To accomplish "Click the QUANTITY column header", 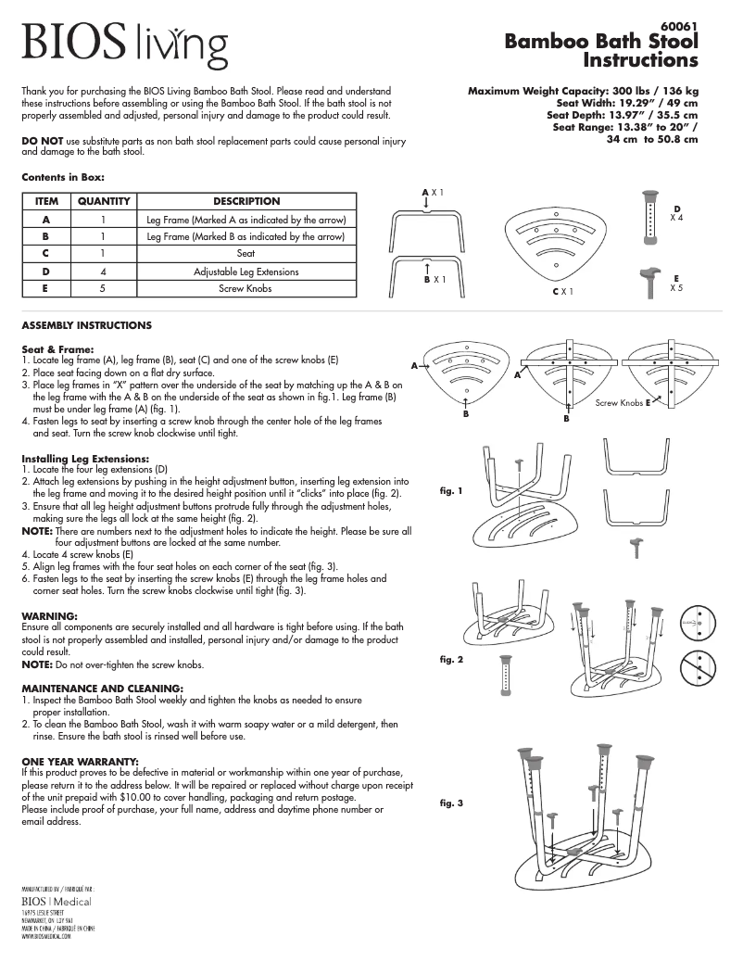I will pyautogui.click(x=104, y=201).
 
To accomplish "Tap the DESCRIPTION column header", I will pyautogui.click(x=246, y=201).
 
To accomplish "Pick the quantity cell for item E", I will pyautogui.click(x=104, y=289).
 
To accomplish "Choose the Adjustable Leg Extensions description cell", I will pyautogui.click(x=246, y=272).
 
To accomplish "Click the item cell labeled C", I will pyautogui.click(x=46, y=254).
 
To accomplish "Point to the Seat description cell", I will pyautogui.click(x=246, y=254).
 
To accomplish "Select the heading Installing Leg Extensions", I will pyautogui.click(x=85, y=459).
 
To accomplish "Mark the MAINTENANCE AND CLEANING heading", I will pyautogui.click(x=102, y=688).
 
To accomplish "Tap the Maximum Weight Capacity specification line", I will pyautogui.click(x=583, y=91).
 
